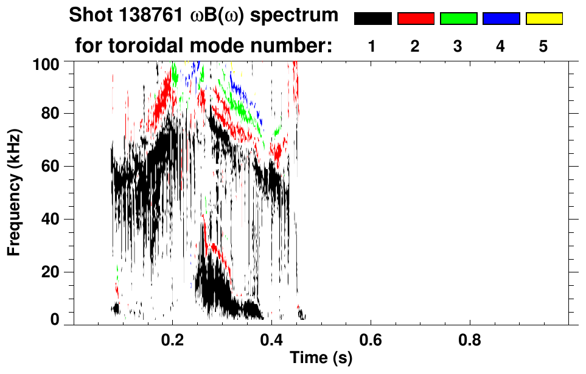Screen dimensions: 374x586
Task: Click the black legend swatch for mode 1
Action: pyautogui.click(x=372, y=19)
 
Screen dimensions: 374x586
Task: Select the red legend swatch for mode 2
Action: pyautogui.click(x=416, y=19)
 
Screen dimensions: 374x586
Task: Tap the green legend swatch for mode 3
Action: pyautogui.click(x=458, y=19)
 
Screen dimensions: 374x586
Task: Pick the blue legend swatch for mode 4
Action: pyautogui.click(x=501, y=19)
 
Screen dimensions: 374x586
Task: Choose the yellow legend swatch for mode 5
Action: pyautogui.click(x=544, y=19)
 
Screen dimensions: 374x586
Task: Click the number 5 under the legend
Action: pyautogui.click(x=543, y=46)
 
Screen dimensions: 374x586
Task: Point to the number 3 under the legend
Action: pyautogui.click(x=458, y=46)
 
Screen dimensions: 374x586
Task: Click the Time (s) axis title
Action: pyautogui.click(x=321, y=358)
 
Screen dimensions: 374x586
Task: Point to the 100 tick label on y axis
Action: pyautogui.click(x=48, y=63)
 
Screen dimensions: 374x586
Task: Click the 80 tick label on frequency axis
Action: pyautogui.click(x=52, y=114)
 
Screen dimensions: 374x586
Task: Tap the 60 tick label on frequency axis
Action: pyautogui.click(x=52, y=167)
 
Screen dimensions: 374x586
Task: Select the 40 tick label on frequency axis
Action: pyautogui.click(x=52, y=220)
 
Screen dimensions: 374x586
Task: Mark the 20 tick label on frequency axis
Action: pyautogui.click(x=52, y=272)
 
